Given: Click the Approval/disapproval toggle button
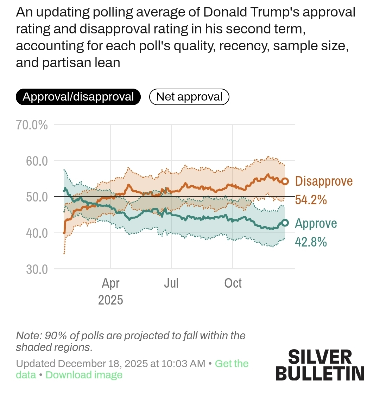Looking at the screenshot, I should (78, 97).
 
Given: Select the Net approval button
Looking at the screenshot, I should (189, 97).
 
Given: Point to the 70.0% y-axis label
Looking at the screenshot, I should (32, 125).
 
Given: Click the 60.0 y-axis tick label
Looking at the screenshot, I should (37, 161).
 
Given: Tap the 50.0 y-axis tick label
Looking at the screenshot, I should (37, 197).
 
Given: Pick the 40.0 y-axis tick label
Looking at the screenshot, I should (37, 233).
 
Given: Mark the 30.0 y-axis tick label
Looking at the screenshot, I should (37, 269).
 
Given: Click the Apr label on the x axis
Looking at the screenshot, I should (110, 283).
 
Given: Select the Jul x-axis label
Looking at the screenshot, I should (171, 283).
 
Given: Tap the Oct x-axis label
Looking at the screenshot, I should (233, 283).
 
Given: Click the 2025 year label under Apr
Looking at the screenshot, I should (110, 300).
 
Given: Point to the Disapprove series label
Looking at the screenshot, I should (324, 181).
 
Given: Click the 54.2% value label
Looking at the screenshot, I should (311, 200).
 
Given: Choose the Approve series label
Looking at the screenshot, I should (316, 223).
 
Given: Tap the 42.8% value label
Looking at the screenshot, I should (311, 242).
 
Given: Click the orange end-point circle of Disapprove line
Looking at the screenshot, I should (285, 181).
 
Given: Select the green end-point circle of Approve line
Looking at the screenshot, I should (285, 223).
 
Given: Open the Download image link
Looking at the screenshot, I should (84, 375).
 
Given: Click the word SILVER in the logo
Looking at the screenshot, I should (320, 357).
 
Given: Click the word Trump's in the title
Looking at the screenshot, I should (270, 12).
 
